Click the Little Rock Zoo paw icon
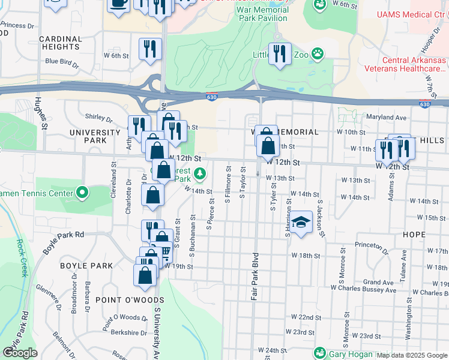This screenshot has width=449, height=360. pyautogui.click(x=317, y=55)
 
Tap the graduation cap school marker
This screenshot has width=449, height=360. pyautogui.click(x=301, y=221)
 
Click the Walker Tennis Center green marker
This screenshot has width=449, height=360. pyautogui.click(x=82, y=193)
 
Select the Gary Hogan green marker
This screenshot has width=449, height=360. pyautogui.click(x=319, y=353)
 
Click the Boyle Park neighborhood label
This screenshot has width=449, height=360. pyautogui.click(x=86, y=265)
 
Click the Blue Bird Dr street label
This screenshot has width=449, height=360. pyautogui.click(x=62, y=61)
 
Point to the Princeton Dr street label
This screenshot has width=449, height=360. pyautogui.click(x=377, y=245)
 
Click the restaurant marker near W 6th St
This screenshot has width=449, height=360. pyautogui.click(x=149, y=49)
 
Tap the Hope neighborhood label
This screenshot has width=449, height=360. pyautogui.click(x=414, y=234)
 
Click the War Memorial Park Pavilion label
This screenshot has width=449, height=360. pyautogui.click(x=271, y=14)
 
